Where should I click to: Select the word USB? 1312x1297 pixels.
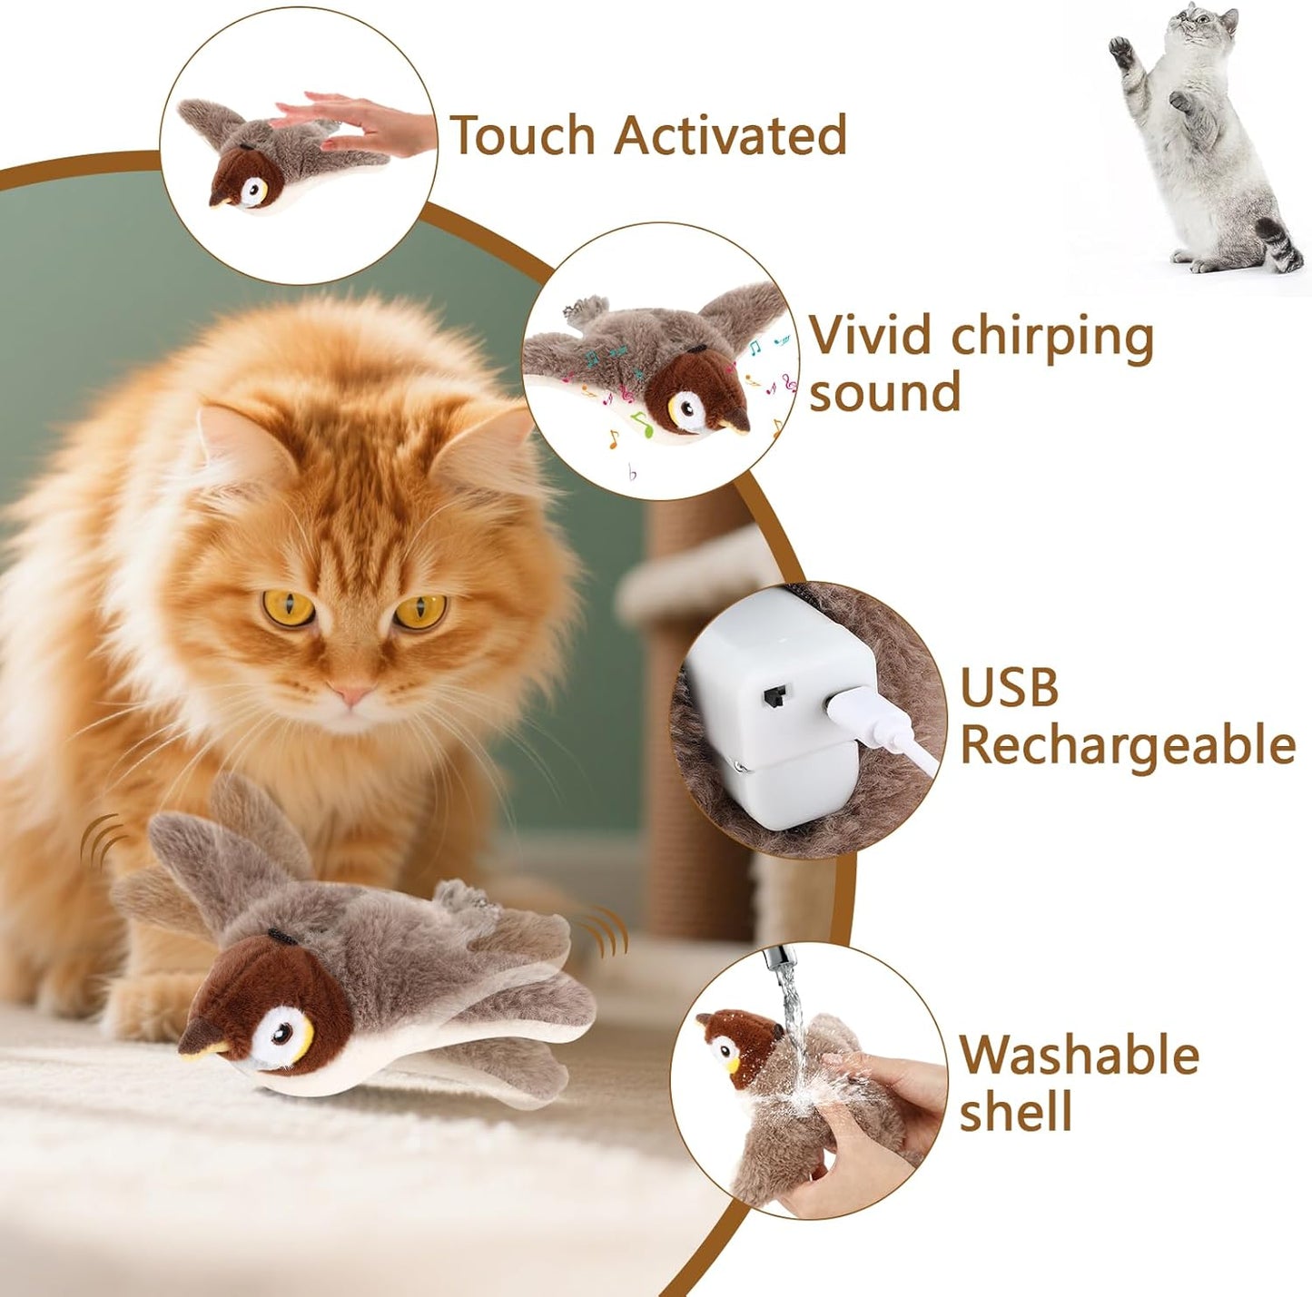(1009, 688)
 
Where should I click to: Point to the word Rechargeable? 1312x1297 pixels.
(1126, 746)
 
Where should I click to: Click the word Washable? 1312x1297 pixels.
(1079, 1056)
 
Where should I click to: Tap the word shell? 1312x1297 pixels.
(1015, 1113)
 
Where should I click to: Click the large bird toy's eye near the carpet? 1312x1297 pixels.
(284, 1034)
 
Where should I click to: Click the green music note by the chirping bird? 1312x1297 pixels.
(643, 423)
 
